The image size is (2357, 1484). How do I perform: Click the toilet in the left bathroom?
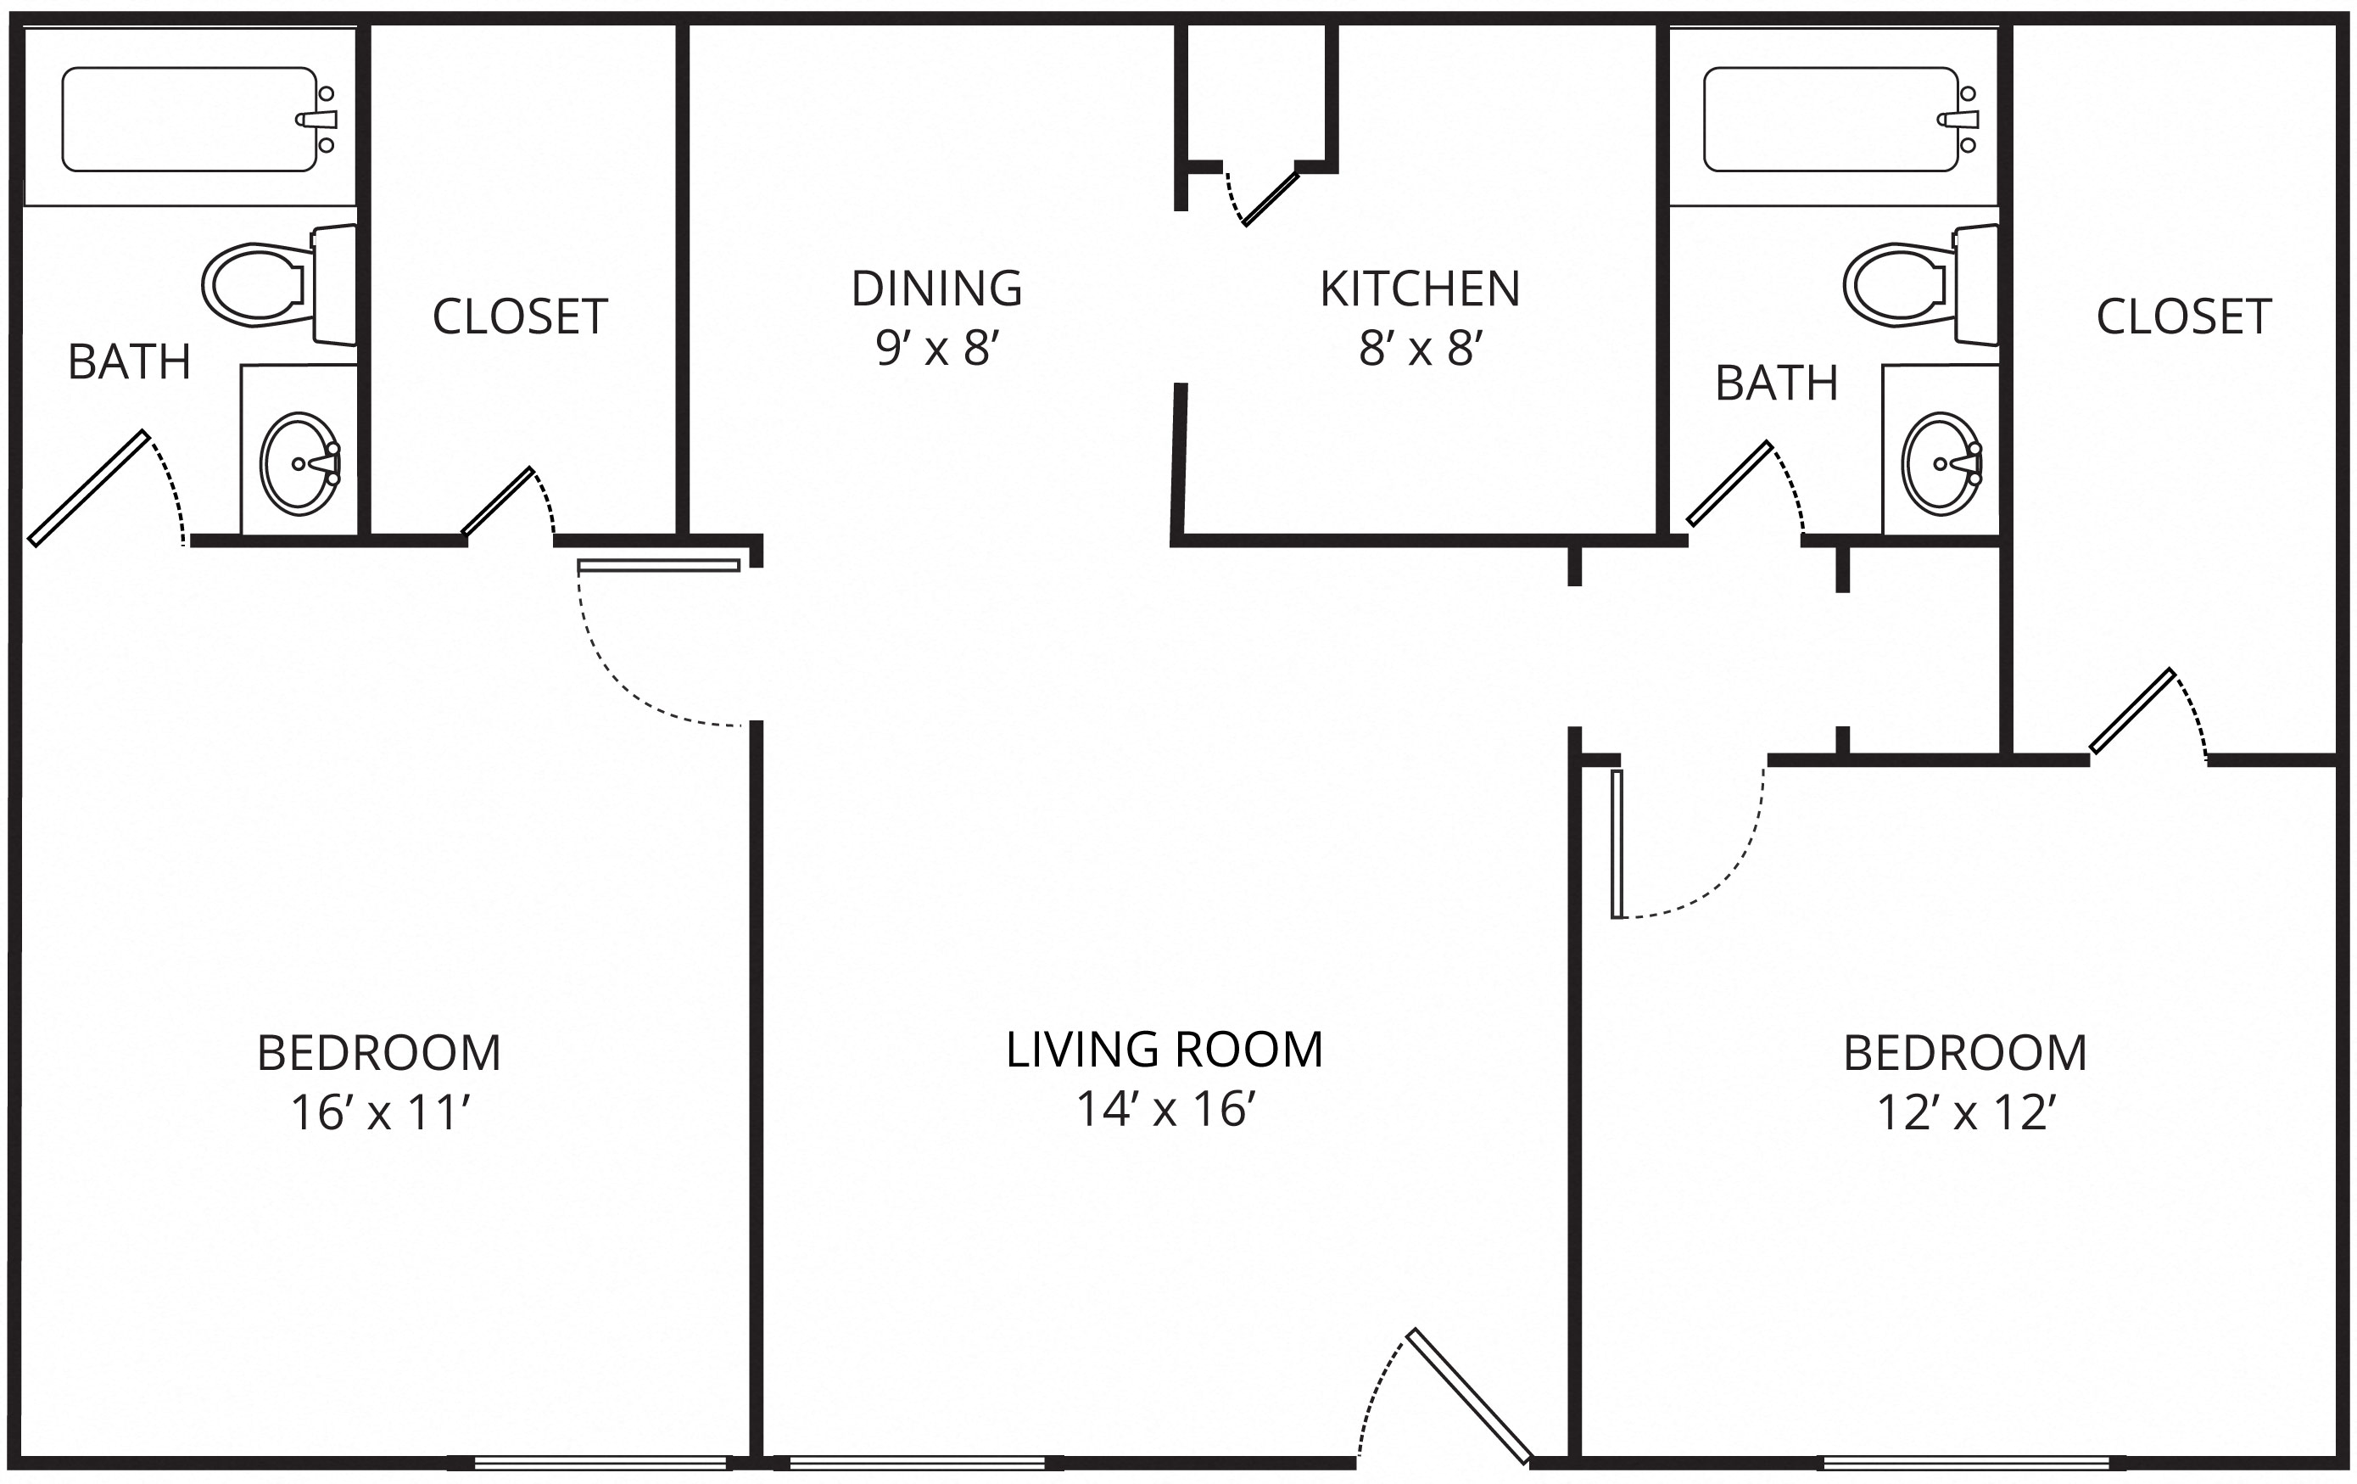tap(279, 285)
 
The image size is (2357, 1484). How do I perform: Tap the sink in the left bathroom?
tap(299, 464)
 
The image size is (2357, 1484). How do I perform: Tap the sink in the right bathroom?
tap(1942, 464)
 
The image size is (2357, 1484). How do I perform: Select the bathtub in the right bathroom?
tap(1840, 120)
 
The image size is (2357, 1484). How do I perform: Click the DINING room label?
tap(936, 288)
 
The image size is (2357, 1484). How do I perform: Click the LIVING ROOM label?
tap(1165, 1050)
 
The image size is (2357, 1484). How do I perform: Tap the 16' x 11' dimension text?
tap(381, 1114)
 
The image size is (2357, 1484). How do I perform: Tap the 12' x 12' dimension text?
tap(1965, 1114)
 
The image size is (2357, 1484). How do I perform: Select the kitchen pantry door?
tap(1271, 199)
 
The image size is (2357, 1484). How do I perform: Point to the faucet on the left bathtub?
tap(317, 120)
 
